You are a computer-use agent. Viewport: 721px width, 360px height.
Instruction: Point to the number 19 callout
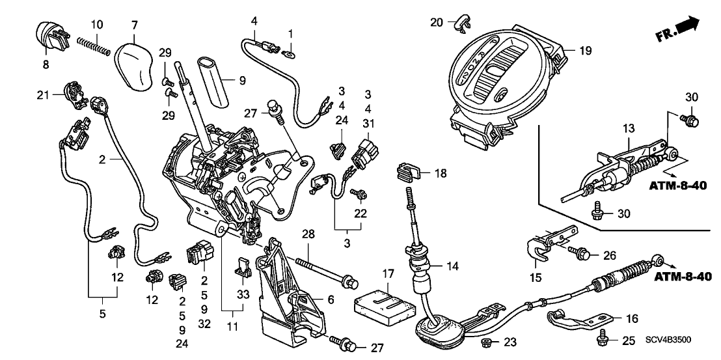[585, 50]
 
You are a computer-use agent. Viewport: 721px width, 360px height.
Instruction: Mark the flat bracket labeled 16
[578, 321]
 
